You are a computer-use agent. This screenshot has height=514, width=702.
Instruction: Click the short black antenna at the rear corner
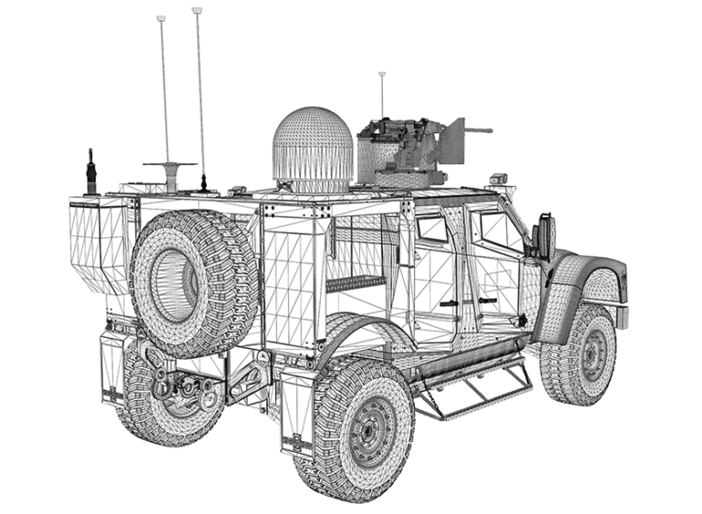tap(90, 172)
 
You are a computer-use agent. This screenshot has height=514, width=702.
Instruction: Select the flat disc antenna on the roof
tap(170, 166)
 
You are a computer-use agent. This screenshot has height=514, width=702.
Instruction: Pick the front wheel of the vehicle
tap(582, 355)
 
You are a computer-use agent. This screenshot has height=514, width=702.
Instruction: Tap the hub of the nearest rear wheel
tap(370, 429)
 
